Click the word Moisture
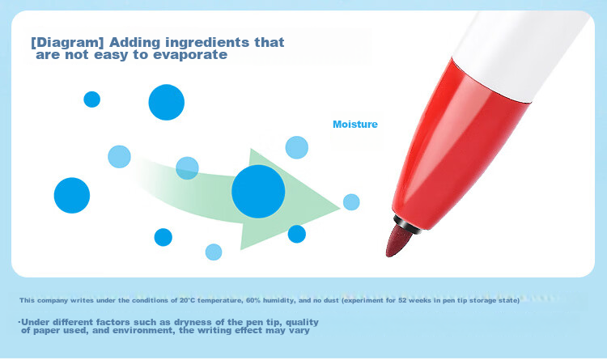click(355, 125)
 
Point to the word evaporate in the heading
click(190, 54)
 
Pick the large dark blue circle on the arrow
click(258, 192)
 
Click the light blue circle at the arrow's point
click(351, 202)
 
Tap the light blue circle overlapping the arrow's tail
click(188, 168)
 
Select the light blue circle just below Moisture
click(297, 147)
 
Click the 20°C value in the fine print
click(188, 300)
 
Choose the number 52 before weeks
click(402, 300)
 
